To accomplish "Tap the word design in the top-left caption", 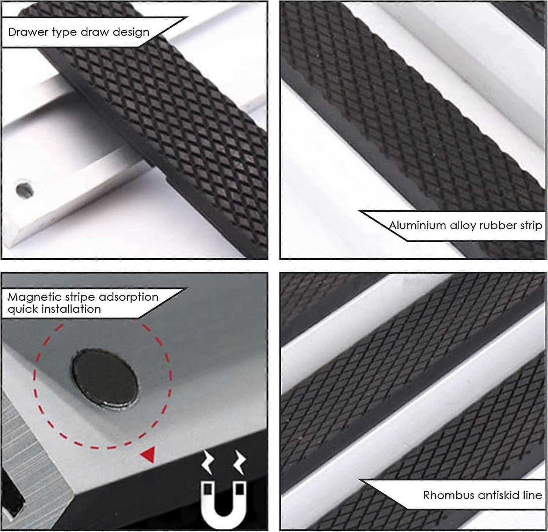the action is coord(131,32).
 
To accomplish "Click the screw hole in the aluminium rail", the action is coord(25,189).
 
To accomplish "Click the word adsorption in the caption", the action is coord(129,297).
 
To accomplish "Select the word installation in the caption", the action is coord(71,309).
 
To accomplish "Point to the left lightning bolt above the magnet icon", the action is coord(208,462).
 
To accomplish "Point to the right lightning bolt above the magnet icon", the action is coord(240,462).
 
